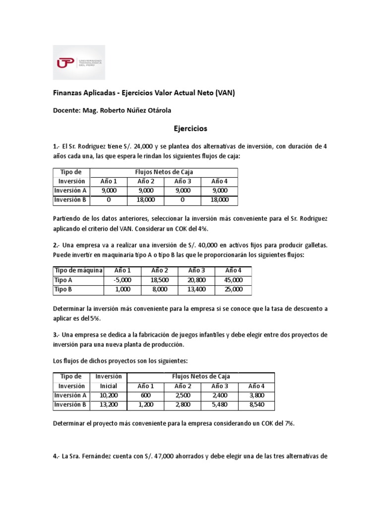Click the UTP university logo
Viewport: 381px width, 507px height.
[x=79, y=62]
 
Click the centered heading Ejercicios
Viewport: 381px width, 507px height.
[x=190, y=128]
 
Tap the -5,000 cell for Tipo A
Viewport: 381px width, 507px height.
[x=122, y=280]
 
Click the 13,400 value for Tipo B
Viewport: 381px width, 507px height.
[x=195, y=289]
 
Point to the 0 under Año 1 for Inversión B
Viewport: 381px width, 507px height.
[x=108, y=200]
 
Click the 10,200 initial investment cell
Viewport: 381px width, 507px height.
[x=108, y=395]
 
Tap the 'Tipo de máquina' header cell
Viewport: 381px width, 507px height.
[x=78, y=270]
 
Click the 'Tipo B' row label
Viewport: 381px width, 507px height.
[x=63, y=289]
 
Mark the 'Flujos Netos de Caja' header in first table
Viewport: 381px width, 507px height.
[x=164, y=172]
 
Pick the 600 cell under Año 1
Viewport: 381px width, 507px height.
[x=145, y=395]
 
